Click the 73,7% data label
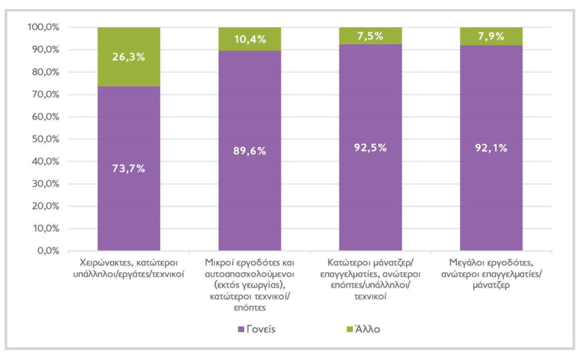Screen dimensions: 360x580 [129, 168]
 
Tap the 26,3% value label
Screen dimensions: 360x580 [129, 57]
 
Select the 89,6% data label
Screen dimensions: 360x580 [250, 150]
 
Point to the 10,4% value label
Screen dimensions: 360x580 [250, 39]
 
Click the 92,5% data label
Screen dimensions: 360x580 [370, 147]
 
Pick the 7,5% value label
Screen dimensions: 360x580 [370, 36]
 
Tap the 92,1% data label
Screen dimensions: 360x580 [491, 148]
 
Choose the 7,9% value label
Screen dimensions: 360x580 [491, 36]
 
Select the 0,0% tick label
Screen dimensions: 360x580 [48, 251]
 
